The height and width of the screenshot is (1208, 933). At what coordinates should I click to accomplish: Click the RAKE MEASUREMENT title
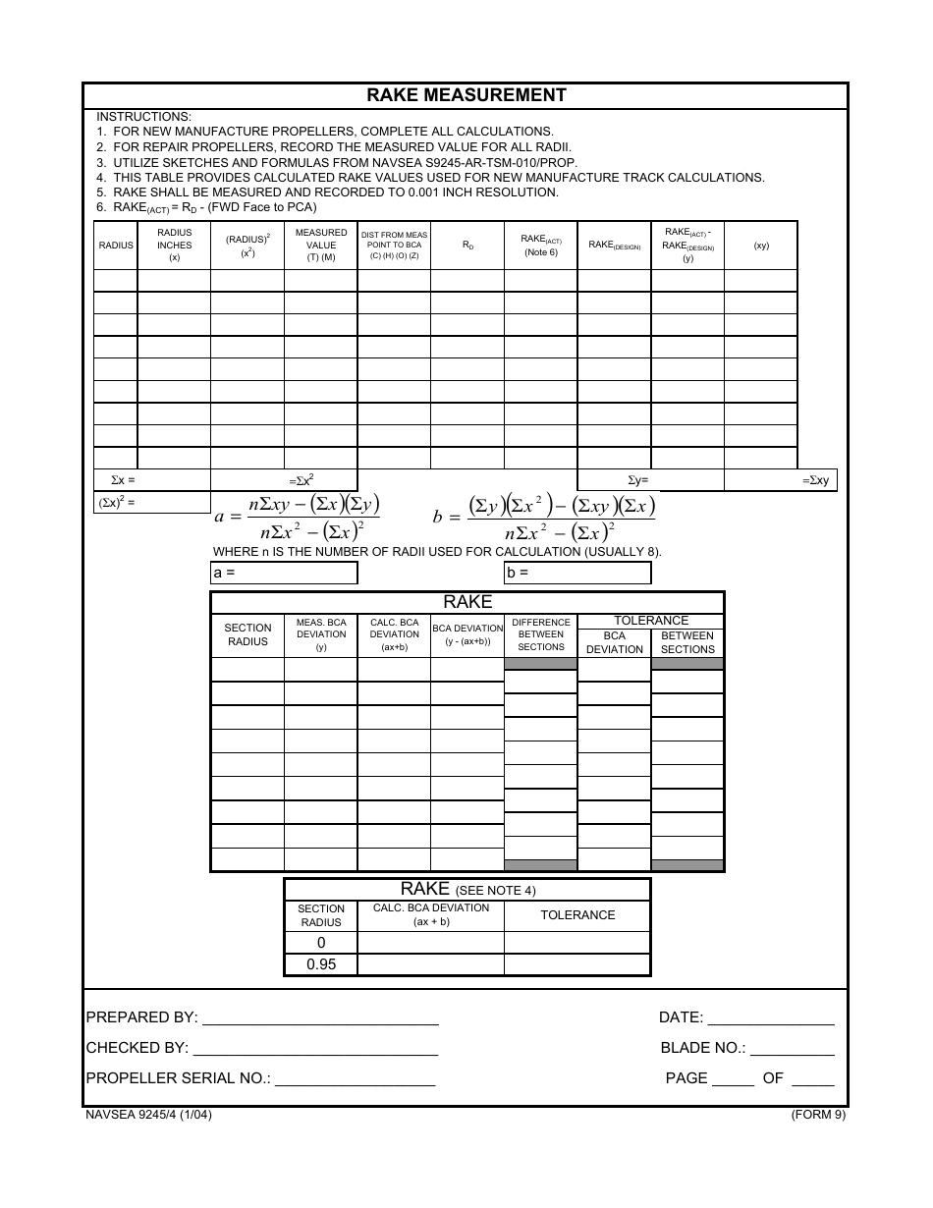(x=466, y=95)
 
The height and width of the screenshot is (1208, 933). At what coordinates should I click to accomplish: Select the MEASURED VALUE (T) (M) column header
(x=321, y=246)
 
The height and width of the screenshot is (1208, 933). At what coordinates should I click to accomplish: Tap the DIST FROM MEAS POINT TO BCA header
(x=394, y=246)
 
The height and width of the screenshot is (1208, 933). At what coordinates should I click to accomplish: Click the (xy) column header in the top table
(x=761, y=246)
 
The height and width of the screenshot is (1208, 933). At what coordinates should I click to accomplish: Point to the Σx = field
(x=152, y=480)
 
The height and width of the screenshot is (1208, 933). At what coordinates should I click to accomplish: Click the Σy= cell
(x=650, y=480)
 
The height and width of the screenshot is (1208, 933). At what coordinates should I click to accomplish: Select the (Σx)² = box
(x=152, y=502)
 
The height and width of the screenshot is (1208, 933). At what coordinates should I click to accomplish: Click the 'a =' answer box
(x=285, y=573)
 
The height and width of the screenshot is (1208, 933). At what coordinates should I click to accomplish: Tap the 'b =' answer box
(x=577, y=573)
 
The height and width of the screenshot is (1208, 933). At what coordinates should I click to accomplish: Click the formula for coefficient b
(x=544, y=518)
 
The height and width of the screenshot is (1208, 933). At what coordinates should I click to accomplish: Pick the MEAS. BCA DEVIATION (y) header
(x=321, y=634)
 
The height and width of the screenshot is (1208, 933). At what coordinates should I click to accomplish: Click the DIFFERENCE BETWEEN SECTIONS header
(x=541, y=634)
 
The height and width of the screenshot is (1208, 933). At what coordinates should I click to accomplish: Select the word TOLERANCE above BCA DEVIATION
(x=651, y=621)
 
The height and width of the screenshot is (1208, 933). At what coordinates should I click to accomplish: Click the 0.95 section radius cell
(x=321, y=964)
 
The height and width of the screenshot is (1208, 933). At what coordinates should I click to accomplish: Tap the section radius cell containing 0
(x=321, y=943)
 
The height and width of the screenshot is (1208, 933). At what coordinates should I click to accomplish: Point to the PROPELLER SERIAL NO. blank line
(x=355, y=1079)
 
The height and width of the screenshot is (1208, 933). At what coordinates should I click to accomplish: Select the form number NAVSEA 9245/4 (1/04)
(x=148, y=1115)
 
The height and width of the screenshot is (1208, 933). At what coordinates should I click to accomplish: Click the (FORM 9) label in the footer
(x=818, y=1115)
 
